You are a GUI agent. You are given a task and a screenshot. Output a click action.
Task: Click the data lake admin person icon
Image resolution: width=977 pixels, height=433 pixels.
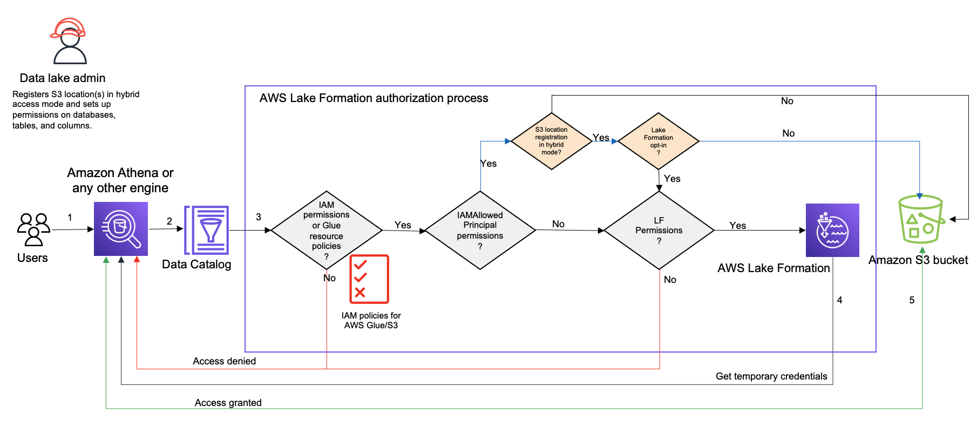(70, 48)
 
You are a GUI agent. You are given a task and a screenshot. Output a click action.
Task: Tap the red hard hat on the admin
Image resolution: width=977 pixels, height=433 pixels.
(68, 28)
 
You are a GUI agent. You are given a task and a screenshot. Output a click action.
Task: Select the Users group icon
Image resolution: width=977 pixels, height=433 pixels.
(33, 229)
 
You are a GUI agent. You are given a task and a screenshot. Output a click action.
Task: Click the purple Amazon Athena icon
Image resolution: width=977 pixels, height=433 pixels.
(121, 229)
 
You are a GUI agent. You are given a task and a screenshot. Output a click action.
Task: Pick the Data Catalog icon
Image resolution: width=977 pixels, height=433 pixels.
(207, 230)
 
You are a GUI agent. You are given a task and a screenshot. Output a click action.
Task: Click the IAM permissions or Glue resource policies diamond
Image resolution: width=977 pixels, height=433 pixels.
(327, 231)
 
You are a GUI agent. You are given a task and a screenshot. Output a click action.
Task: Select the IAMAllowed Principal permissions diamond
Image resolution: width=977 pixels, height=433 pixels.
(480, 231)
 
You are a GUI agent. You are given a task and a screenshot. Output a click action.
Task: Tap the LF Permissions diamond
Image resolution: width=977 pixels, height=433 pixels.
(659, 231)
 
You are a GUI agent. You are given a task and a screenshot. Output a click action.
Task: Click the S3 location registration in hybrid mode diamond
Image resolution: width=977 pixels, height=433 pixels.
(551, 141)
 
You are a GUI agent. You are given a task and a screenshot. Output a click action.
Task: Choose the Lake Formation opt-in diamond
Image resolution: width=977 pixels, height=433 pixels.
(659, 141)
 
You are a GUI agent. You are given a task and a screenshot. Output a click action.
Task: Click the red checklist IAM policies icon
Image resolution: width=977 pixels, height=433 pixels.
(369, 279)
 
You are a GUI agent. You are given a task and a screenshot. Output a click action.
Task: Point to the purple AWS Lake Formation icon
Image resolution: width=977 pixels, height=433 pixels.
(832, 230)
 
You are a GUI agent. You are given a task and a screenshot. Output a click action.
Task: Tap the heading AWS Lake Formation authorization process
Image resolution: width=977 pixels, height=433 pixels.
(374, 98)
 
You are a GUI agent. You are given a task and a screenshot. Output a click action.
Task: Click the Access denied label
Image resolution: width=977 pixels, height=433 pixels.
(224, 361)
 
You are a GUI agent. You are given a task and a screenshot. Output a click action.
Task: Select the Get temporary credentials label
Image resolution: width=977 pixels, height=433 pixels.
(771, 376)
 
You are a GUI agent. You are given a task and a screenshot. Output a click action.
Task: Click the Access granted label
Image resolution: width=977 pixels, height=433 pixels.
(228, 403)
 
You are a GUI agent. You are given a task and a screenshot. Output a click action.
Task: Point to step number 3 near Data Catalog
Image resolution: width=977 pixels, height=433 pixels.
(259, 217)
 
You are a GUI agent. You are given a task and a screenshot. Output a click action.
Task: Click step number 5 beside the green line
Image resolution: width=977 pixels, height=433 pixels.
(912, 300)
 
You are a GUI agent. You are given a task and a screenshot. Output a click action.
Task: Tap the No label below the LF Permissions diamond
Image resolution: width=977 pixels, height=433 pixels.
(670, 280)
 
